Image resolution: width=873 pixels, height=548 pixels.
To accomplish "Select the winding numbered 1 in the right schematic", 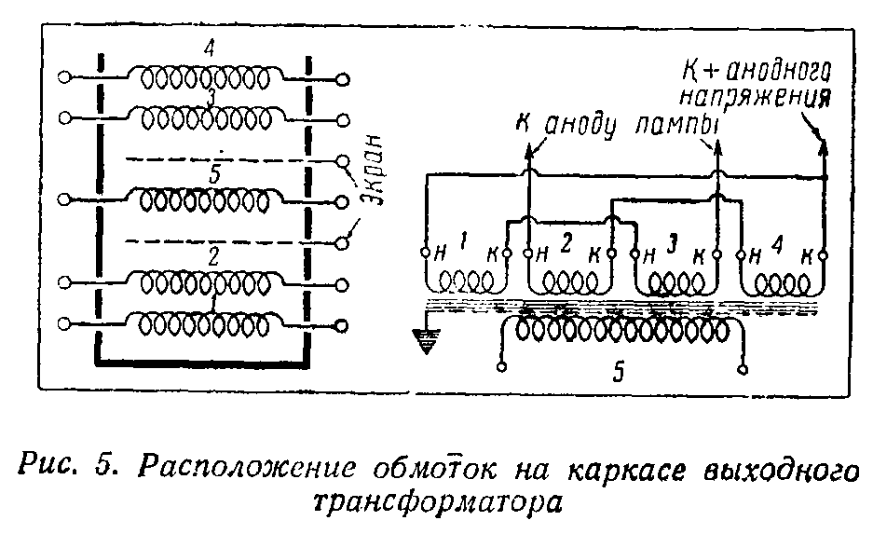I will click(466, 281).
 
